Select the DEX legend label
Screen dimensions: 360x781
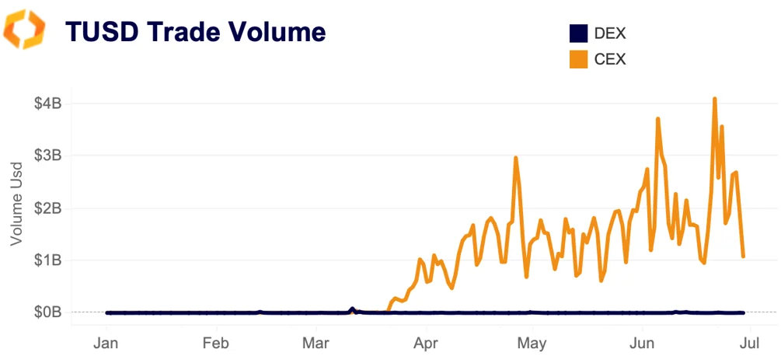point(610,33)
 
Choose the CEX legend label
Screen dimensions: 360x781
point(610,59)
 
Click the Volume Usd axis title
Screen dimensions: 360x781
point(17,205)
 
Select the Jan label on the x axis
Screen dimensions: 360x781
point(106,343)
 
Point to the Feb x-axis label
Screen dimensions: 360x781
point(215,343)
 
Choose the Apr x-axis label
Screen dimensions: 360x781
point(425,343)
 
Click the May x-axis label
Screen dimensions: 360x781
point(532,343)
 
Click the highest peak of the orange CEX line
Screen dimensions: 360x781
point(714,99)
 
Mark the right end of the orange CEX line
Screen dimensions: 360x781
point(744,256)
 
